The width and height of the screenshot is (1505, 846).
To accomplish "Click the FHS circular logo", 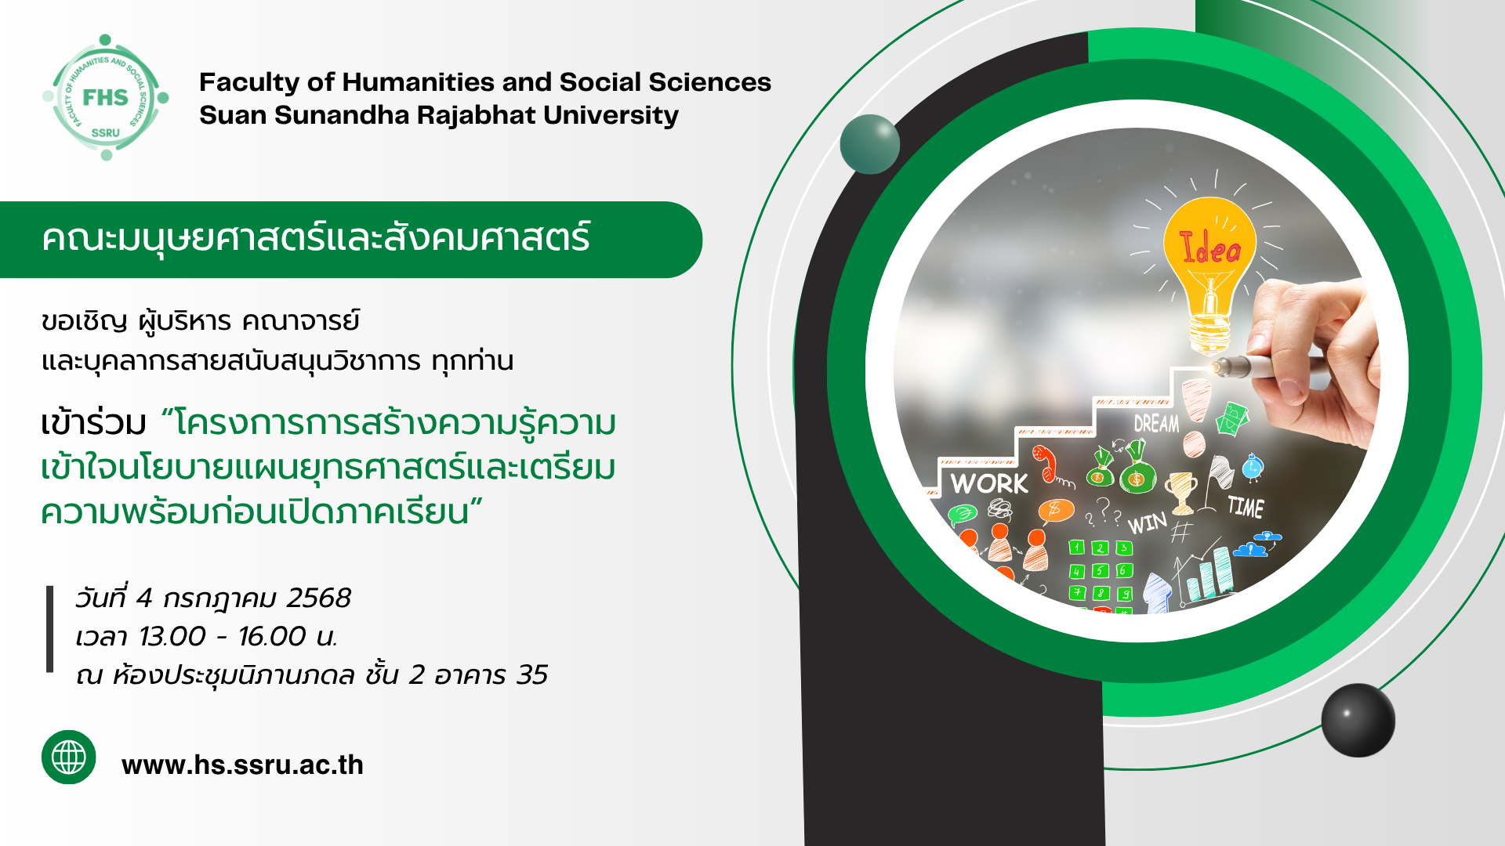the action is (106, 97).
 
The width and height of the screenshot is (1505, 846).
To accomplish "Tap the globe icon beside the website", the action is (69, 757).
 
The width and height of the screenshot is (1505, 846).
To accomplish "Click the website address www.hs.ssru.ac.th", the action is (242, 765).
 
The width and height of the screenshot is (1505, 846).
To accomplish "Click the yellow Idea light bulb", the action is (1209, 270).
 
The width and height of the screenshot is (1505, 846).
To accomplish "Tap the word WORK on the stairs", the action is (989, 483).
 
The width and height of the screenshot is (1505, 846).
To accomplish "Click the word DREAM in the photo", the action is (1156, 424).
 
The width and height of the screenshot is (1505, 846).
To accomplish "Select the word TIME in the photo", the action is (1246, 507).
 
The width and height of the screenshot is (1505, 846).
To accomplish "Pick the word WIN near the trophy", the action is (1147, 522).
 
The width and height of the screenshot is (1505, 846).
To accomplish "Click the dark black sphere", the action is (1358, 720).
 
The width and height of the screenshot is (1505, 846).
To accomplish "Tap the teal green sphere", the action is (869, 144).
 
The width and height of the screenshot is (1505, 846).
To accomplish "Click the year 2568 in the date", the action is (318, 598).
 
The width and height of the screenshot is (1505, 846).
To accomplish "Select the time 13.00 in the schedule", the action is (172, 636).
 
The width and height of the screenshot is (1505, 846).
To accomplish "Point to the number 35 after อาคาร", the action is (532, 674).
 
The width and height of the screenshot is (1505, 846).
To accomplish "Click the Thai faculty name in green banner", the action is (316, 237).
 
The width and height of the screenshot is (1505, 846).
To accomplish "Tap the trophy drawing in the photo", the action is (1180, 491).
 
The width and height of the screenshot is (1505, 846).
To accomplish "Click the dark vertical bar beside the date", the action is (50, 629).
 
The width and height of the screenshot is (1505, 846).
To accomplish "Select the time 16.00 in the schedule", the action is (272, 636).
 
